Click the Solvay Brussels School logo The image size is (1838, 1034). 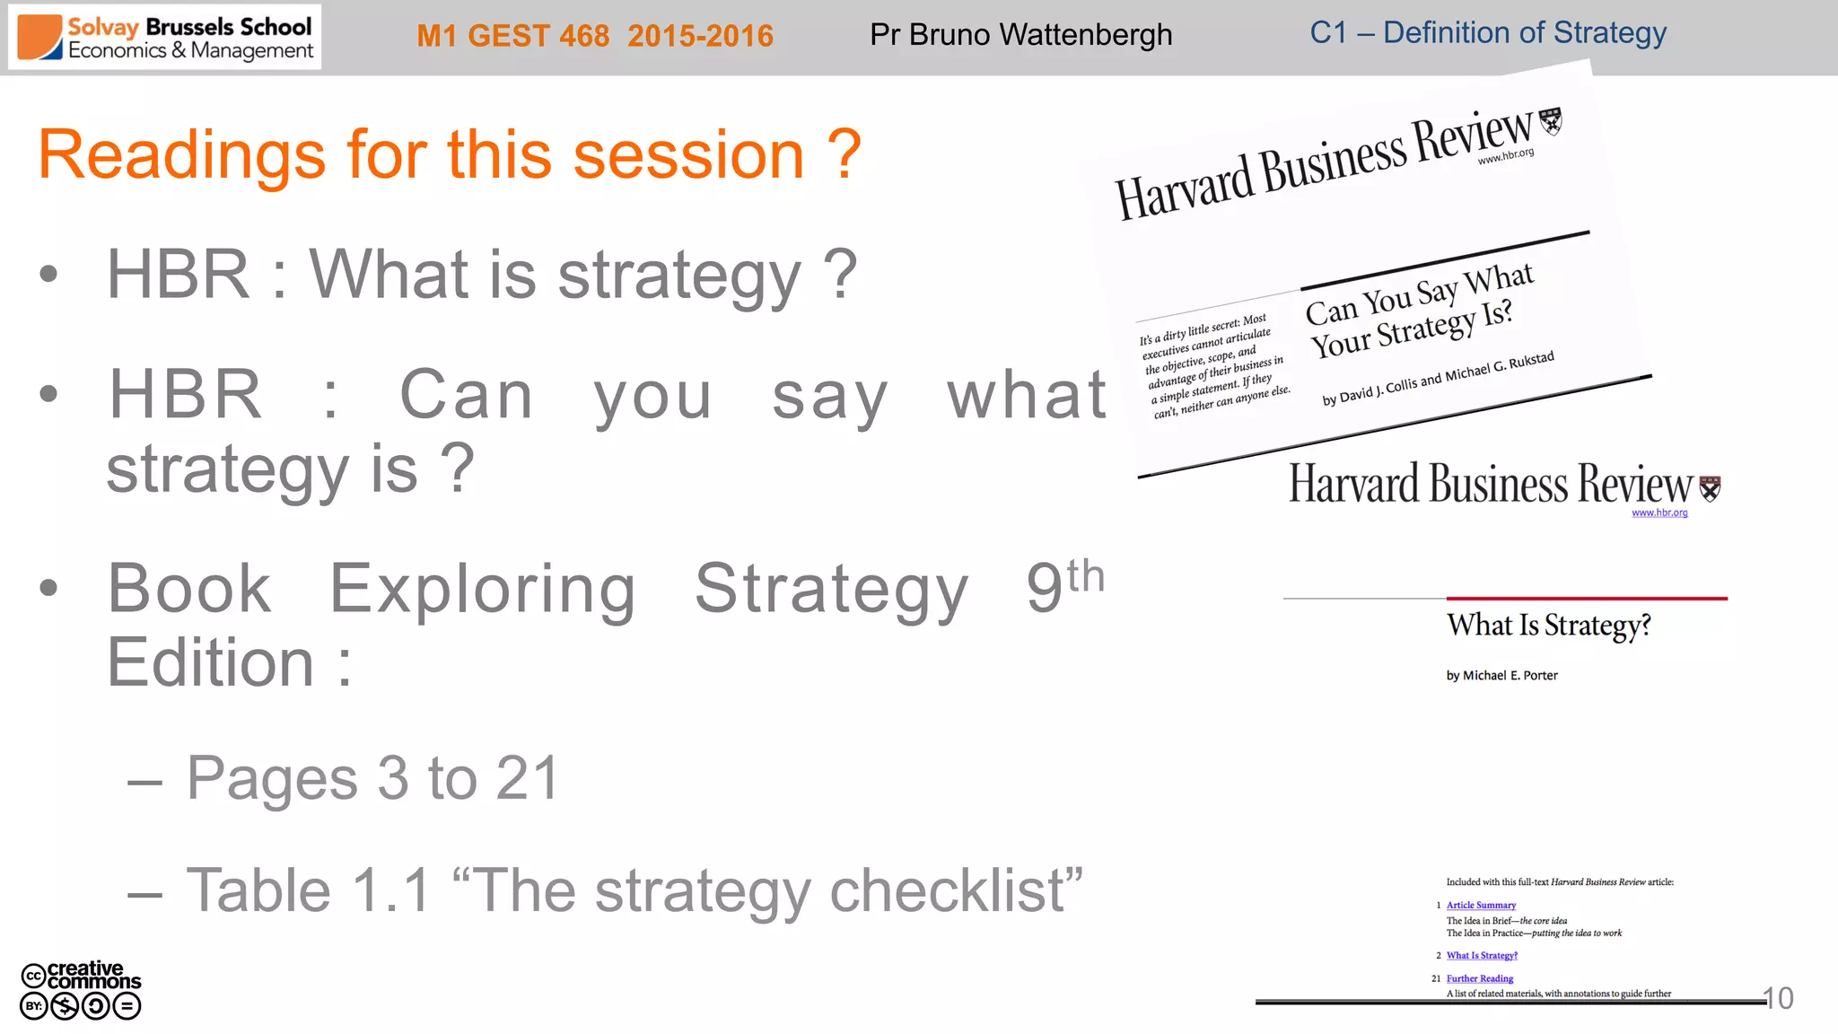tap(164, 38)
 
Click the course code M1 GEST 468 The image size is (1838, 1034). tap(512, 36)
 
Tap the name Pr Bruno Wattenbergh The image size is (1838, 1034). tap(1020, 35)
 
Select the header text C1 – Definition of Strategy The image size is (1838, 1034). tap(1487, 33)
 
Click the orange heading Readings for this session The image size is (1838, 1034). tap(449, 155)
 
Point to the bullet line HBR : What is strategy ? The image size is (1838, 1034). tap(481, 275)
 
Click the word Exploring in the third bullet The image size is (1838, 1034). tap(483, 590)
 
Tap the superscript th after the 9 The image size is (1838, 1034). tap(1085, 576)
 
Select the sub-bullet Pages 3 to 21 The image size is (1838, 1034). tap(372, 777)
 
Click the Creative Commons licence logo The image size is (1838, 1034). tap(81, 990)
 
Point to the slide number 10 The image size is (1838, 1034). tap(1778, 998)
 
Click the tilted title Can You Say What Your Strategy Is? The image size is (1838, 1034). tap(1419, 311)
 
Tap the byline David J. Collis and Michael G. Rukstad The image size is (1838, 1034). tap(1438, 378)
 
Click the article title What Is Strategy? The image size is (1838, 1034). tap(1548, 625)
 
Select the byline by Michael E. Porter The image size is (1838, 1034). tap(1501, 676)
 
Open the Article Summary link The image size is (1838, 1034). tap(1481, 905)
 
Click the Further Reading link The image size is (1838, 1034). tap(1479, 978)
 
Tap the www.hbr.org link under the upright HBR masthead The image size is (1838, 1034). tap(1659, 513)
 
